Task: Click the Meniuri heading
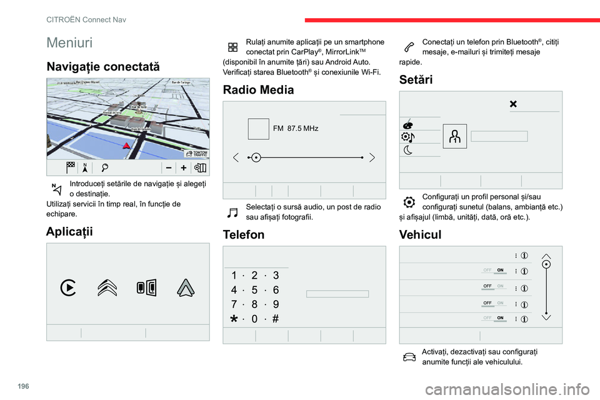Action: coord(69,42)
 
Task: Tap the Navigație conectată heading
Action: coord(103,66)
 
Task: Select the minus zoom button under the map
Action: coord(169,168)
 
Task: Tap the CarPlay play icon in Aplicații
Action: coord(69,287)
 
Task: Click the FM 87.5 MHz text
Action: coord(296,129)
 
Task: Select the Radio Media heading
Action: coord(258,89)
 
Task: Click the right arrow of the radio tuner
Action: coord(372,157)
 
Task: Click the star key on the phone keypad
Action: coord(234,319)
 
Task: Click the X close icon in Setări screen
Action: coord(513,104)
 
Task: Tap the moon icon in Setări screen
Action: coord(407,149)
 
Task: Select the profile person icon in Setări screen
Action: coord(454,137)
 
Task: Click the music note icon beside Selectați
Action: coord(232,212)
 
